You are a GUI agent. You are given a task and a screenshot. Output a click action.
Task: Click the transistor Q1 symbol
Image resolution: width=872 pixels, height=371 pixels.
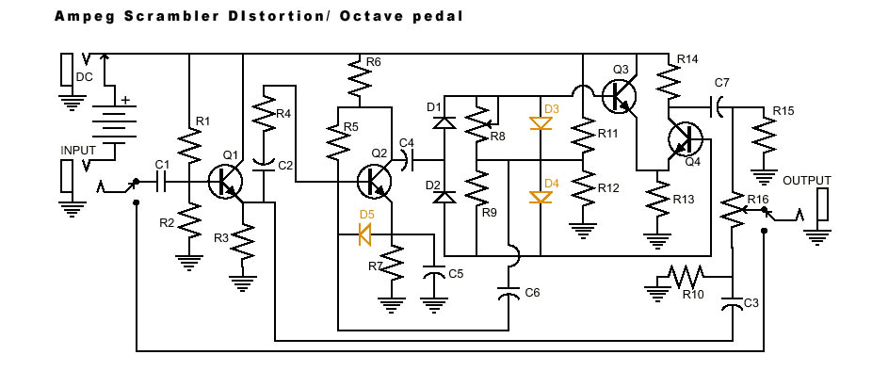pyautogui.click(x=226, y=182)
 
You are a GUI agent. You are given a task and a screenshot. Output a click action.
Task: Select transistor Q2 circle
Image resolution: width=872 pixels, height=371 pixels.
pyautogui.click(x=375, y=182)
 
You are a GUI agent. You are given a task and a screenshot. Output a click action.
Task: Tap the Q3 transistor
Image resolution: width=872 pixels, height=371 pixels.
pyautogui.click(x=620, y=95)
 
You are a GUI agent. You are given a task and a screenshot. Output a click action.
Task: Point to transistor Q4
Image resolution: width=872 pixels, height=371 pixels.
pyautogui.click(x=686, y=138)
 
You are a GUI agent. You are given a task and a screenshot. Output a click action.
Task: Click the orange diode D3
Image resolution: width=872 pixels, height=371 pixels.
pyautogui.click(x=541, y=123)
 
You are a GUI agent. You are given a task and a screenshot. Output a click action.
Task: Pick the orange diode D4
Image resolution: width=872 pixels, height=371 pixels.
pyautogui.click(x=541, y=198)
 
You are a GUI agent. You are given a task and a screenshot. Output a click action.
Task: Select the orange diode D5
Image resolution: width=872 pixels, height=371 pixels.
pyautogui.click(x=364, y=234)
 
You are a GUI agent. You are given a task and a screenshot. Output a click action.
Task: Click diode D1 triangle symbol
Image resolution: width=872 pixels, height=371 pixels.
pyautogui.click(x=444, y=122)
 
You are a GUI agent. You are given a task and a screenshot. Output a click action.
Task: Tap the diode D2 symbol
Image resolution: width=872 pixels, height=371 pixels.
pyautogui.click(x=444, y=197)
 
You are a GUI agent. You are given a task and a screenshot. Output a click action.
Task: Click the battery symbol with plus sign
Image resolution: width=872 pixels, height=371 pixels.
pyautogui.click(x=115, y=123)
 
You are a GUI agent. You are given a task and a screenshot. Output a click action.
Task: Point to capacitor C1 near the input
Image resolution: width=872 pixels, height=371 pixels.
pyautogui.click(x=162, y=182)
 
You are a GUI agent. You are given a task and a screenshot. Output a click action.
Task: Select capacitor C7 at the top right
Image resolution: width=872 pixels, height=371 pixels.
pyautogui.click(x=718, y=105)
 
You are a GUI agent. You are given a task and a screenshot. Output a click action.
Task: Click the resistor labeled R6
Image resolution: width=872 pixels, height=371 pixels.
pyautogui.click(x=360, y=78)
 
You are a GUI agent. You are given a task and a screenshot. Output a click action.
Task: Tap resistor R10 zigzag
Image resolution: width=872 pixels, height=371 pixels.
pyautogui.click(x=686, y=275)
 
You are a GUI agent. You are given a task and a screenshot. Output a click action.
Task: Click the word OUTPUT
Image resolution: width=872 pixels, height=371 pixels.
pyautogui.click(x=807, y=181)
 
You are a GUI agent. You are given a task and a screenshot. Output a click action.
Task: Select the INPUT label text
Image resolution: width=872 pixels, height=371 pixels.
pyautogui.click(x=78, y=151)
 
